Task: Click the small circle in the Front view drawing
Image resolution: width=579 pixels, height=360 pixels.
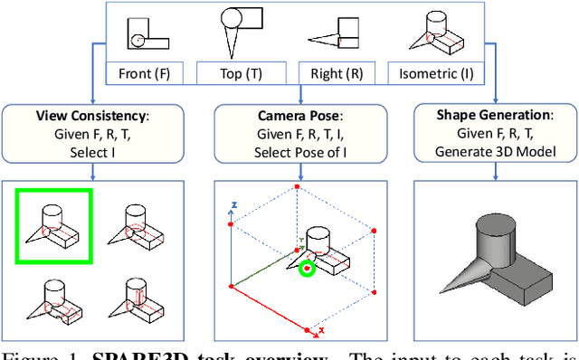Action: tap(137, 41)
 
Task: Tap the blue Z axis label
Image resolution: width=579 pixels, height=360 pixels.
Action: tap(233, 205)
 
